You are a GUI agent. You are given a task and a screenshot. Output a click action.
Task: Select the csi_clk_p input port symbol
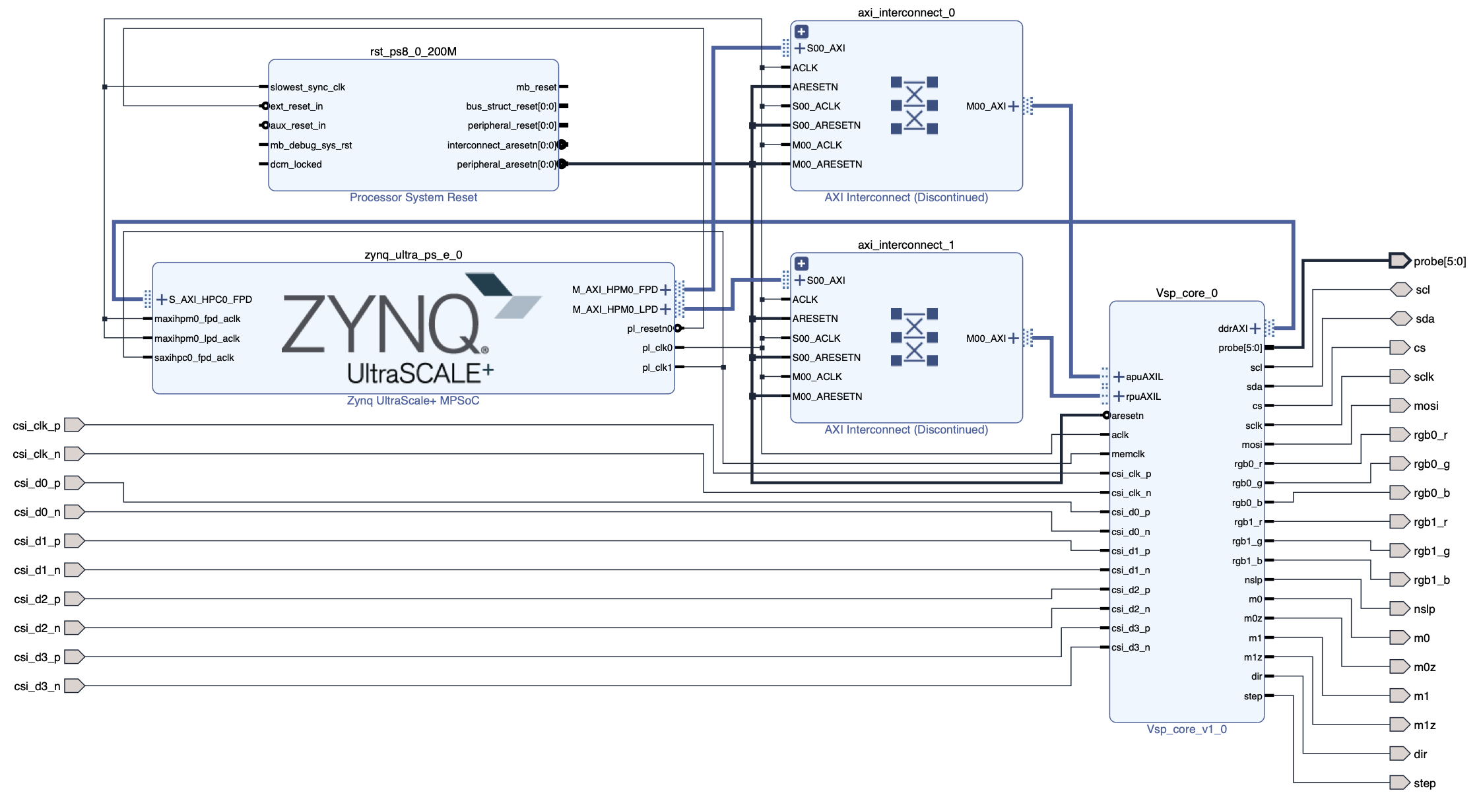(x=74, y=425)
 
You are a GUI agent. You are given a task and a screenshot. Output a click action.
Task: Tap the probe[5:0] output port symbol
(x=1399, y=261)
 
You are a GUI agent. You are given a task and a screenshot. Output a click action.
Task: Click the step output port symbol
(x=1399, y=783)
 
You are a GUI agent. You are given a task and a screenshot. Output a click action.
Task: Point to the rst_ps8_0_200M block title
(x=413, y=51)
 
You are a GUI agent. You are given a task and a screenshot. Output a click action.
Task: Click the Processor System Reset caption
(x=413, y=197)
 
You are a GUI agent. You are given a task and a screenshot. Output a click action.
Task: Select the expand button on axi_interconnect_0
(x=801, y=32)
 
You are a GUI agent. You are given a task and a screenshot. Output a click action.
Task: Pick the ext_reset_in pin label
(x=296, y=106)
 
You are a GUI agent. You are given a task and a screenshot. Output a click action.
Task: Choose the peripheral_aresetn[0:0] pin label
(x=506, y=164)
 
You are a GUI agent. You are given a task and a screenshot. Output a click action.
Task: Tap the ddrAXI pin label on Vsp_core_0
(x=1232, y=329)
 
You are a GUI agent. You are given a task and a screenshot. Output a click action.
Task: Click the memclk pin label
(x=1128, y=454)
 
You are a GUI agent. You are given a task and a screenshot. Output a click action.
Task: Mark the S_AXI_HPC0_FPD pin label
(x=211, y=300)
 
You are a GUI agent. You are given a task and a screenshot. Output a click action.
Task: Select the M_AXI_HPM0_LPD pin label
(x=614, y=309)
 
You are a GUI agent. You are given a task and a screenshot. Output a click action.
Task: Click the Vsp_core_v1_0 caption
(x=1186, y=729)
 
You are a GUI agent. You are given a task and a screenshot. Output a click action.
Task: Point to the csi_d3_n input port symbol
(x=74, y=686)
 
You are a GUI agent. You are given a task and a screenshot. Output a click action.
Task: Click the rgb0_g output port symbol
(x=1399, y=464)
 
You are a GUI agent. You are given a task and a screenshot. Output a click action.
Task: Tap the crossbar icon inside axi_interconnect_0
(x=914, y=106)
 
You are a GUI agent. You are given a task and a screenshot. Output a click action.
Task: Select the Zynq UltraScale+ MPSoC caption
(x=413, y=401)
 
